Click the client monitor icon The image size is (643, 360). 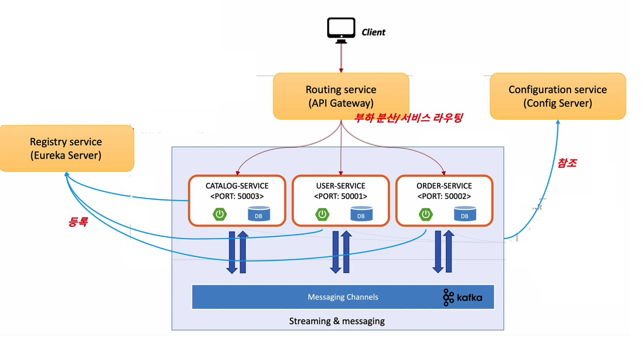pos(341,30)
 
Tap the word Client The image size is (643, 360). pos(373,33)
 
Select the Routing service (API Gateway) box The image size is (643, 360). pos(341,96)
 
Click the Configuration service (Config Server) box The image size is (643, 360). pos(557,96)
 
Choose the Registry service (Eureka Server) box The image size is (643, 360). pos(66,148)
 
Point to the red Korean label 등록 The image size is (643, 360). pos(78,222)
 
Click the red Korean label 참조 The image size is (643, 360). pos(567,163)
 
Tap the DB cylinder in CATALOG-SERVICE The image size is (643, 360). pos(259,214)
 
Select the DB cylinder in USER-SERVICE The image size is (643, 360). pos(361,214)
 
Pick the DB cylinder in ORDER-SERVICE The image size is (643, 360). pos(465,214)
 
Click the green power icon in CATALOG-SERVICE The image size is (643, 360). pos(220,214)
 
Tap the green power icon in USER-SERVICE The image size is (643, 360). pos(322,214)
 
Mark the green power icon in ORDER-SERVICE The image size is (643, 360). pos(426,214)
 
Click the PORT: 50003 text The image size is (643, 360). pos(237,196)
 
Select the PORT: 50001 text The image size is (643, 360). pos(341,196)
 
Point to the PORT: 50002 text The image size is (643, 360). pos(444,196)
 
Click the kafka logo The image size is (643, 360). pos(463,297)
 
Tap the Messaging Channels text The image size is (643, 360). pos(343,297)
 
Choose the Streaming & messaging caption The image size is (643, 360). pos(337,321)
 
